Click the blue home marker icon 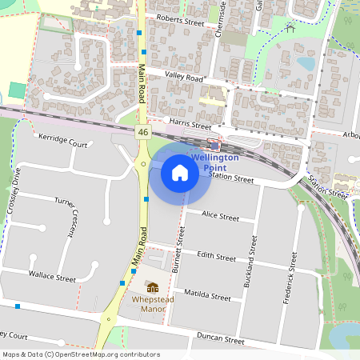pyautogui.click(x=180, y=172)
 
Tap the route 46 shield pyautogui.click(x=142, y=132)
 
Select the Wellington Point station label pyautogui.click(x=214, y=163)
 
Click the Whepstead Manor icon pyautogui.click(x=152, y=286)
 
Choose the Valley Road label pyautogui.click(x=185, y=78)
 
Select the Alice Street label pyautogui.click(x=220, y=216)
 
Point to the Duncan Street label pyautogui.click(x=222, y=339)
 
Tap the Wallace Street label pyautogui.click(x=52, y=277)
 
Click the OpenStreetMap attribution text pyautogui.click(x=81, y=354)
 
